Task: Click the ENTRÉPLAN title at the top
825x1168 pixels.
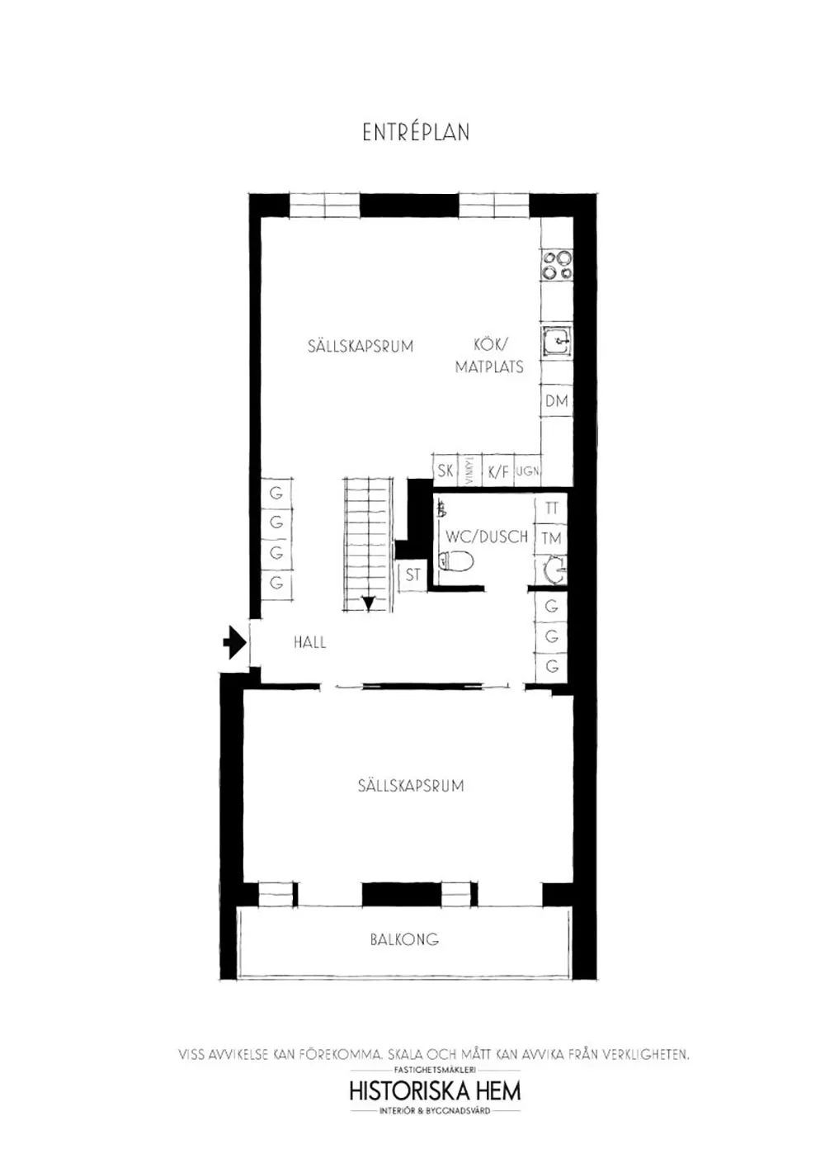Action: click(x=416, y=132)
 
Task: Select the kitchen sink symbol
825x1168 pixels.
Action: click(x=557, y=341)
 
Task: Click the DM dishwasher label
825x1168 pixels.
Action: click(x=557, y=401)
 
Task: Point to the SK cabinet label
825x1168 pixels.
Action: click(x=445, y=471)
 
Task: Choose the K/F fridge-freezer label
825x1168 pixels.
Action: click(x=498, y=471)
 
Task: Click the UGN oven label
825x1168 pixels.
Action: click(x=527, y=471)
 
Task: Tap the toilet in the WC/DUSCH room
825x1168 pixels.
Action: click(x=456, y=562)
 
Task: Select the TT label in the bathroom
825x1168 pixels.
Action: click(x=552, y=508)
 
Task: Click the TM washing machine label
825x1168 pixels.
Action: click(x=552, y=538)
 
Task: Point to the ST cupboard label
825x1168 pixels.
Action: click(x=412, y=575)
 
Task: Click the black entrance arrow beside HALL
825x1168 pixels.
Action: click(x=235, y=641)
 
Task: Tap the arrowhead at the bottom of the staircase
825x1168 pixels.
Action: click(x=368, y=603)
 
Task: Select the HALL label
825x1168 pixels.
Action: click(x=309, y=642)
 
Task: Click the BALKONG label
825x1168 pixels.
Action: click(x=404, y=939)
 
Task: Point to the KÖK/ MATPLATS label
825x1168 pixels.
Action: click(x=490, y=356)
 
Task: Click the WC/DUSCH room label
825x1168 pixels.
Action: click(x=487, y=537)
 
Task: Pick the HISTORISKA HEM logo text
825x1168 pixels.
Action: click(x=435, y=1090)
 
